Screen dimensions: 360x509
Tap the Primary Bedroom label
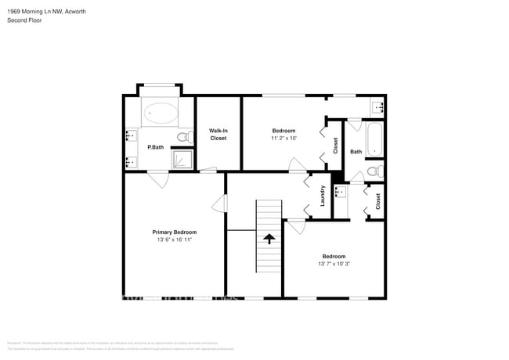click(x=174, y=232)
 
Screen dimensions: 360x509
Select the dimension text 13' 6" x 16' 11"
click(x=174, y=240)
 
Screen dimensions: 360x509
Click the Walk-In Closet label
click(x=218, y=134)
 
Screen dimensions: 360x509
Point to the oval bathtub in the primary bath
click(x=162, y=113)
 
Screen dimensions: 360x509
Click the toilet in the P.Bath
click(x=183, y=138)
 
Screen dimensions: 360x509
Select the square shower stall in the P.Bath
click(x=182, y=160)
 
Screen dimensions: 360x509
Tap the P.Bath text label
click(x=155, y=147)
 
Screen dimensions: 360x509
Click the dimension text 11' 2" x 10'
click(x=283, y=138)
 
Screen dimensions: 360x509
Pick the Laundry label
click(x=322, y=196)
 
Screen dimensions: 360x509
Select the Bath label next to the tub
click(x=356, y=152)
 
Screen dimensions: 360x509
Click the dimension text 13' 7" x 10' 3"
click(x=334, y=265)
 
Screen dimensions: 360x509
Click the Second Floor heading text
click(x=26, y=20)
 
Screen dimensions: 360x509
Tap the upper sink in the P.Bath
click(x=130, y=136)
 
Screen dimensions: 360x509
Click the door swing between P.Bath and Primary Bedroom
click(x=158, y=179)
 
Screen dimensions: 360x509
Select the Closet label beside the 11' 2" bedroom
click(x=335, y=146)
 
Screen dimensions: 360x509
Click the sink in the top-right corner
click(x=377, y=106)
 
